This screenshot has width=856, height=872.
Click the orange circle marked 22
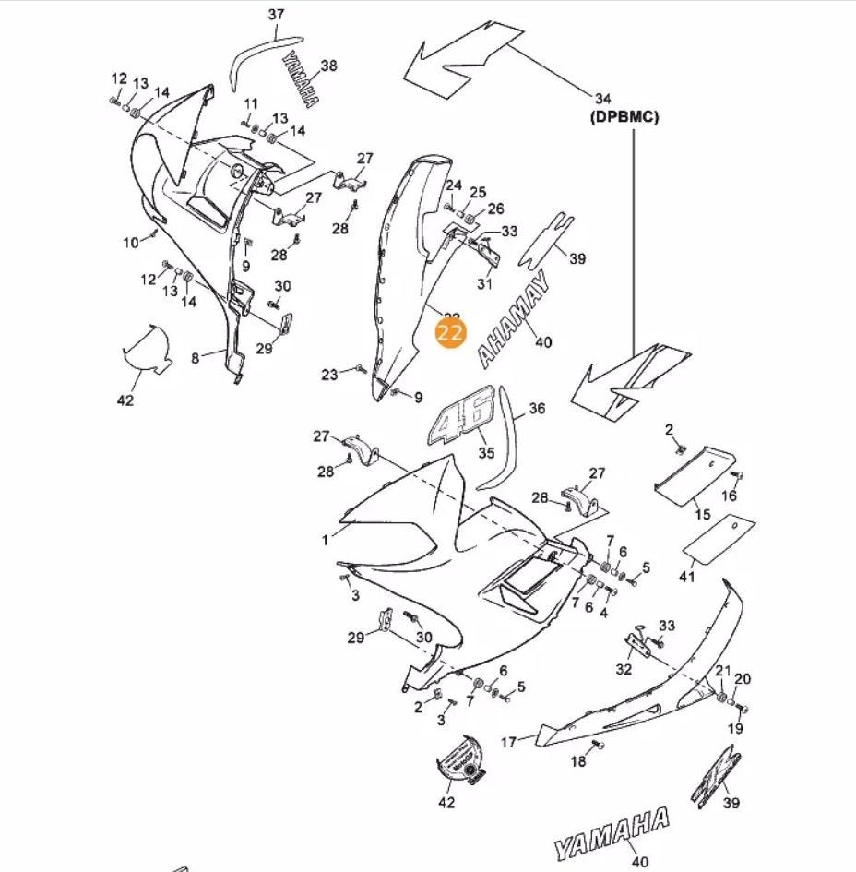451,335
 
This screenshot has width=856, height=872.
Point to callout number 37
276,15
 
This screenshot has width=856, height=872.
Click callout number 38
329,66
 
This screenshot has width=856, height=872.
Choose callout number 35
486,453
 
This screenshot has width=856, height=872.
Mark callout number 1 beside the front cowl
326,541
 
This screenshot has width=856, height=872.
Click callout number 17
508,741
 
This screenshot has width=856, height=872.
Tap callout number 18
578,761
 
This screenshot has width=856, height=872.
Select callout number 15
703,514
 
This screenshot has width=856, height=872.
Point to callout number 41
686,577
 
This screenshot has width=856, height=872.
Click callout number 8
195,357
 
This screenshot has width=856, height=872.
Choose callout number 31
485,284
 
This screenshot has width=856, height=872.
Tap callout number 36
537,409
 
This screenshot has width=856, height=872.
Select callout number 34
603,99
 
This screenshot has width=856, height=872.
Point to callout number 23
330,375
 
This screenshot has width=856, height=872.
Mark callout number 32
624,669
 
